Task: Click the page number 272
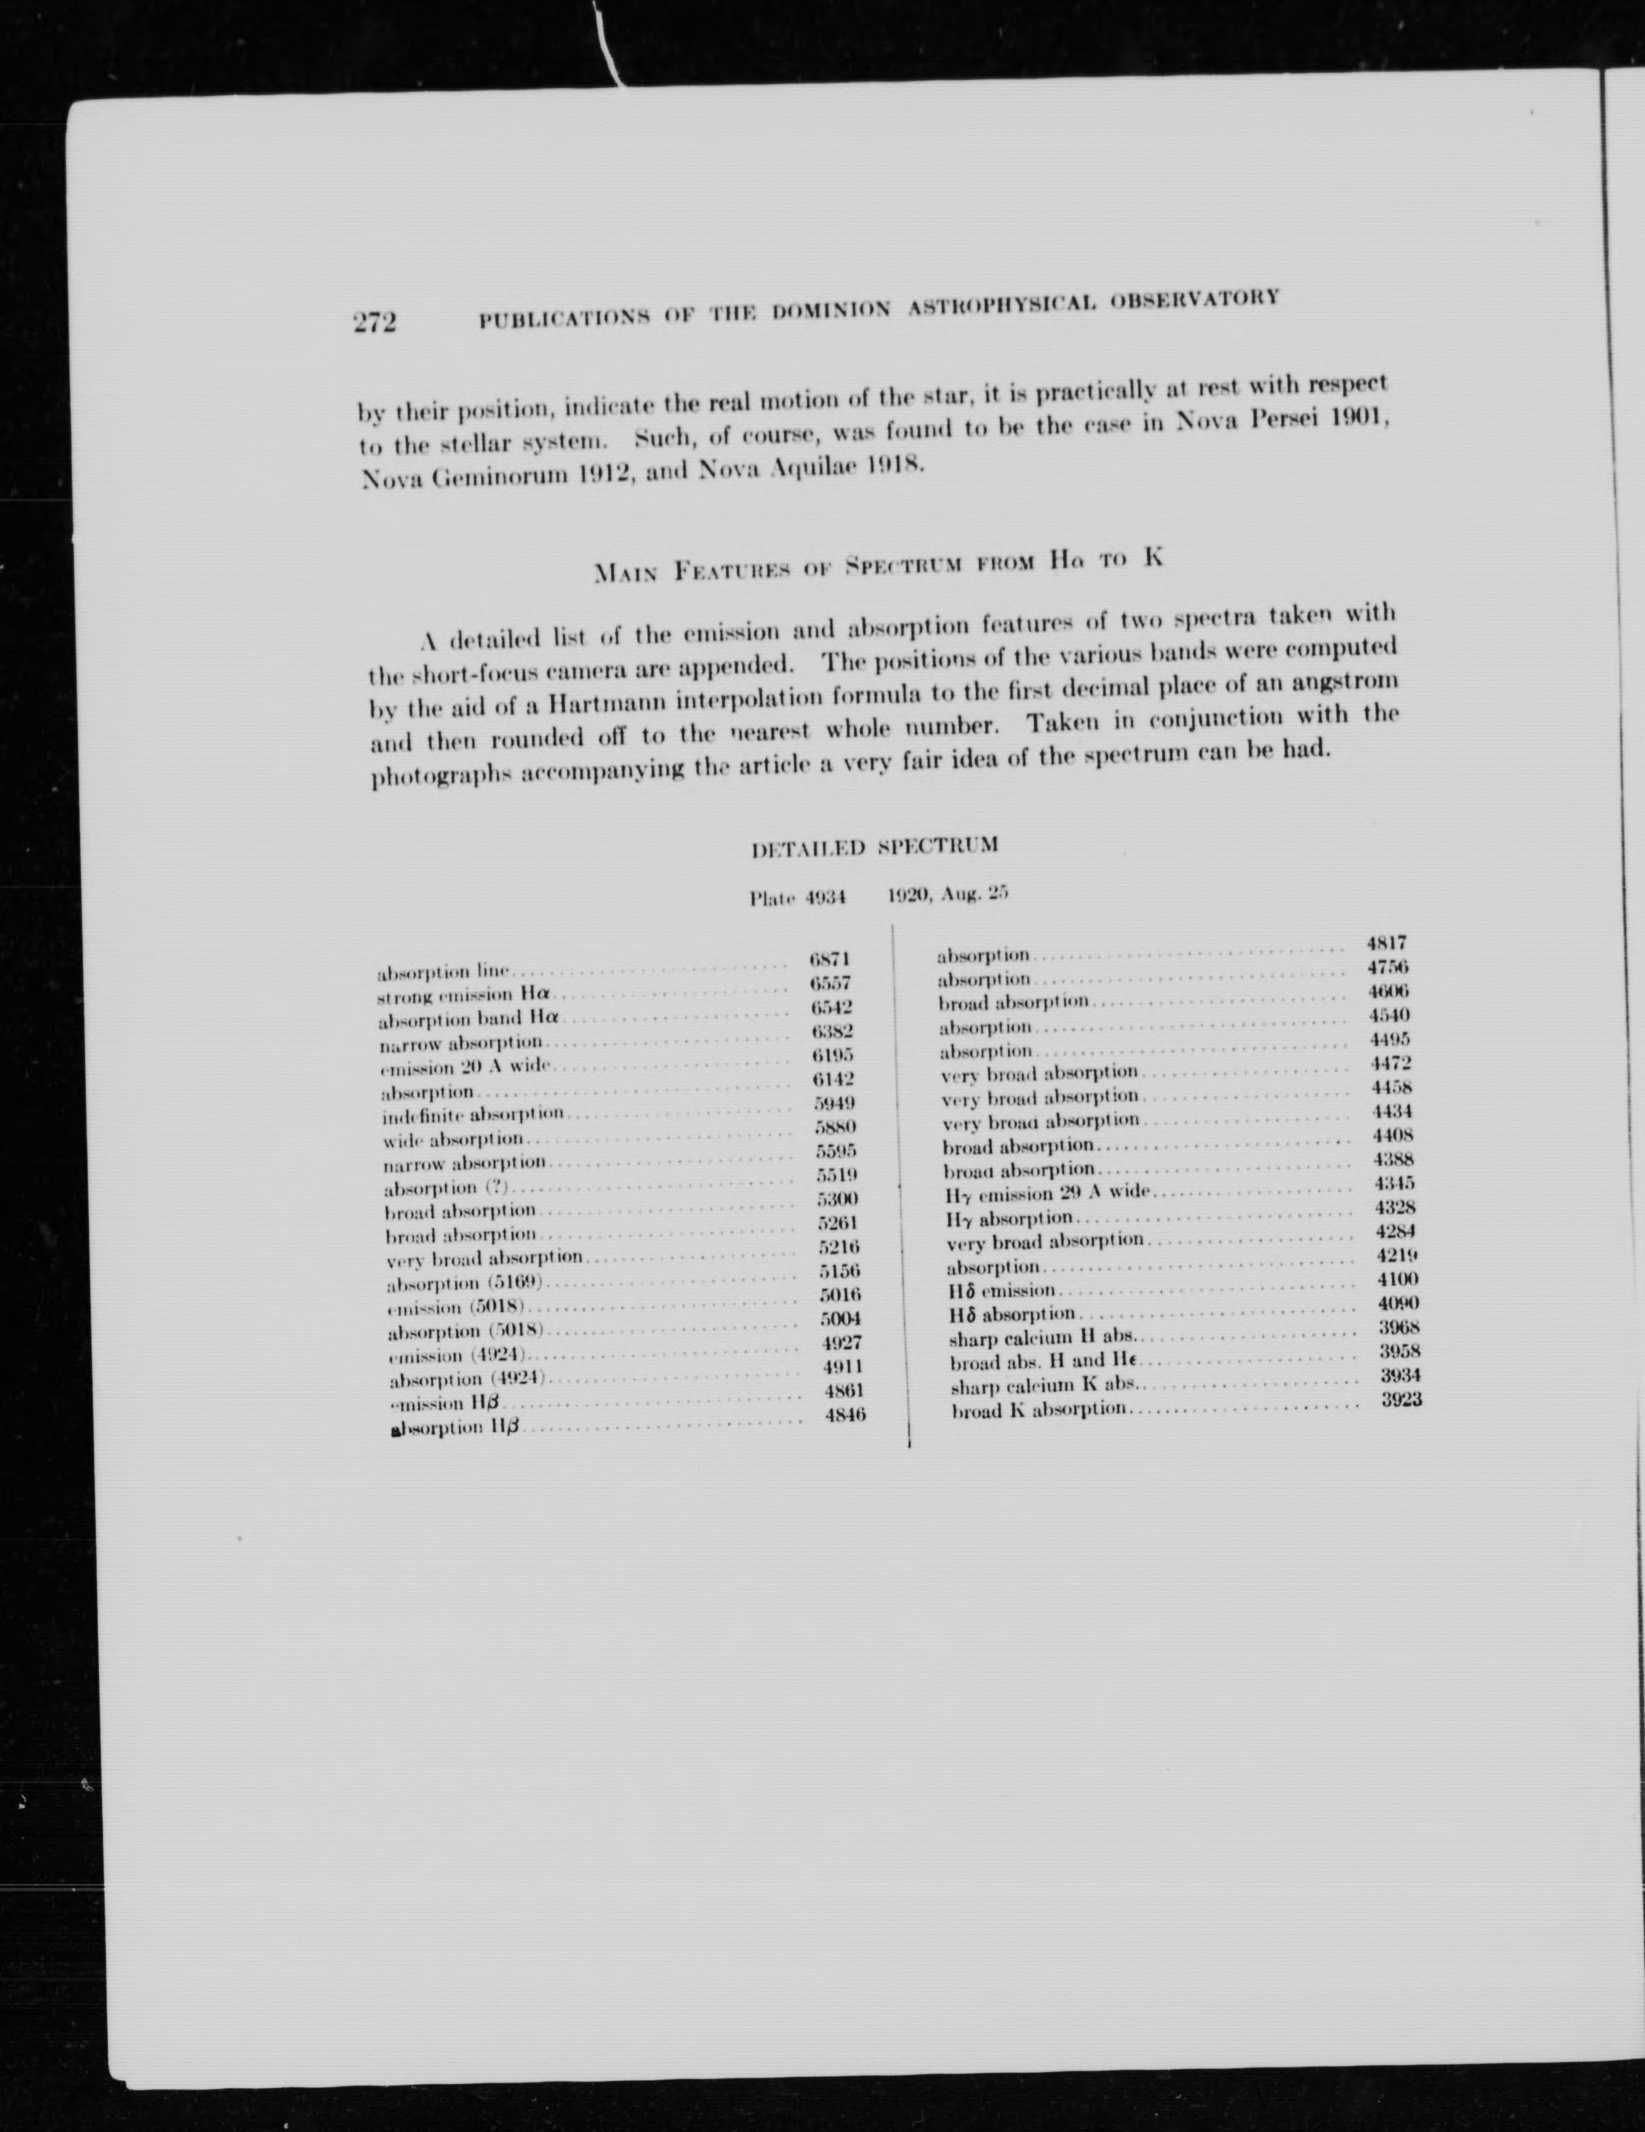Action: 375,322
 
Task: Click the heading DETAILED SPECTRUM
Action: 875,846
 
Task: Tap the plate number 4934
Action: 825,897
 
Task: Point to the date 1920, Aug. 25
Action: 946,894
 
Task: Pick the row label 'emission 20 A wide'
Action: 465,1066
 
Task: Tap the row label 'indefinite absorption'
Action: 474,1114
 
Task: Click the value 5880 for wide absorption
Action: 835,1128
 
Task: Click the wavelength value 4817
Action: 1386,943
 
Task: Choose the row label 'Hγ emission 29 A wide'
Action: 1049,1193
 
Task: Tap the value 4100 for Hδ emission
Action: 1397,1279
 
